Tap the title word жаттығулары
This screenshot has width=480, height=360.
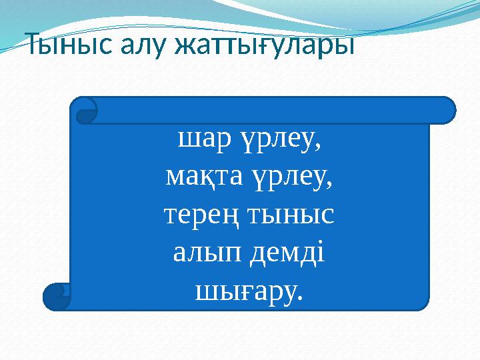[263, 47]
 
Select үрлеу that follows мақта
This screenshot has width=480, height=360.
[293, 178]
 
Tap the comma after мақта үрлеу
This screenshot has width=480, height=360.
[331, 185]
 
